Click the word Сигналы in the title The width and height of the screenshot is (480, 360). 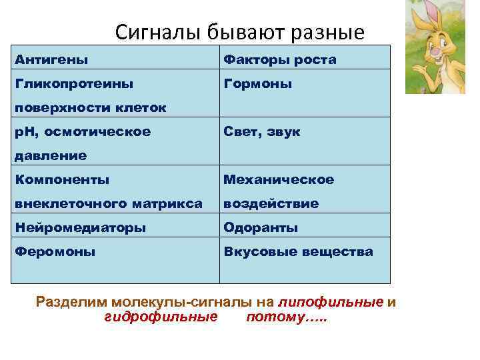[x=151, y=32]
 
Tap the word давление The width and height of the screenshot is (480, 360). [x=51, y=156]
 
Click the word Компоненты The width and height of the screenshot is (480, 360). [x=62, y=179]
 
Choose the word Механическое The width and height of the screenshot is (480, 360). [x=279, y=179]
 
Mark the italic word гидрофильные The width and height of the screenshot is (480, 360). [x=161, y=316]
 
